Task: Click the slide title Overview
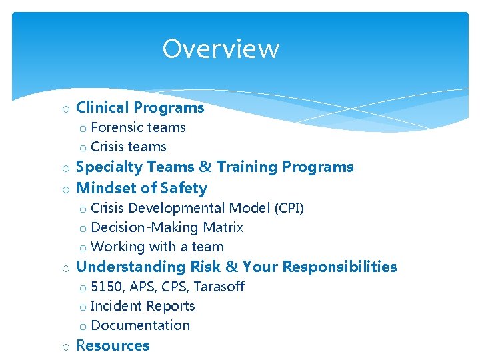[x=221, y=49]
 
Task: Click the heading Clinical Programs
[x=140, y=107]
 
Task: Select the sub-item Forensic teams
[x=138, y=127]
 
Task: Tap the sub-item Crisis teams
[x=128, y=147]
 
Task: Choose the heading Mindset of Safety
[x=142, y=188]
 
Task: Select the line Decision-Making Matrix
[x=167, y=228]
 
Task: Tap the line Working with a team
[x=157, y=247]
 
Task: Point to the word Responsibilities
[x=339, y=267]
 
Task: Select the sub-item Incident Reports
[x=143, y=307]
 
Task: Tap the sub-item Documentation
[x=140, y=326]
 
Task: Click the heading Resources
[x=113, y=345]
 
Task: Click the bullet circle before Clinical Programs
[x=66, y=109]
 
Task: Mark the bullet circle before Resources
[x=66, y=347]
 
